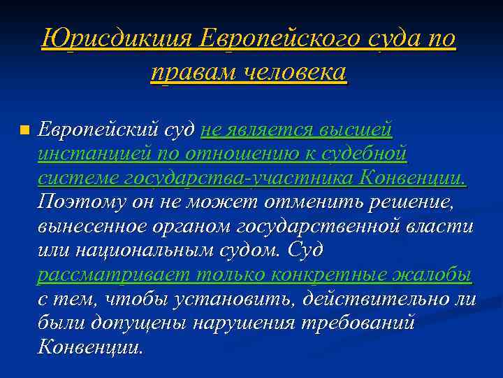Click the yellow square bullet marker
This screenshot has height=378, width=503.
pyautogui.click(x=25, y=130)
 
